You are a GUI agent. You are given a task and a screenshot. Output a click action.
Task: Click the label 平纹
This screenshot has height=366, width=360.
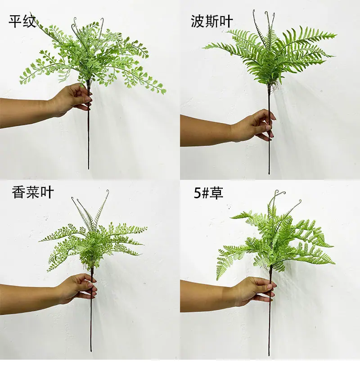pos(22,22)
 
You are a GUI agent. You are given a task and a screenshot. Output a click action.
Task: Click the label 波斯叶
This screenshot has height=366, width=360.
pos(212,21)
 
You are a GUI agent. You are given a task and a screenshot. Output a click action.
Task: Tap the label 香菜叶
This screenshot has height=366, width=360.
pos(33,192)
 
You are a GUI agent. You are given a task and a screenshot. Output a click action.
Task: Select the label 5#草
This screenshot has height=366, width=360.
pos(208,193)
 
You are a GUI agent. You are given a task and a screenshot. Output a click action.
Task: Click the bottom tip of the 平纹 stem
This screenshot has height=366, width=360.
pos(89,169)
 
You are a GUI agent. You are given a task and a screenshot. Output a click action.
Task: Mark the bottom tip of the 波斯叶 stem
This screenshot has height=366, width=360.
pos(269,174)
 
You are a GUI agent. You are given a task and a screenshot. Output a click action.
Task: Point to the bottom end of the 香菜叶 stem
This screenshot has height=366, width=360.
pos(91,352)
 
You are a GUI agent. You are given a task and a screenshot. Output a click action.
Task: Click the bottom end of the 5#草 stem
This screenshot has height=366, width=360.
pos(269,356)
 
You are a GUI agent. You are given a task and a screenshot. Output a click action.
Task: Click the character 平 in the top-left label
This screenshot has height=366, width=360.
pos(15,22)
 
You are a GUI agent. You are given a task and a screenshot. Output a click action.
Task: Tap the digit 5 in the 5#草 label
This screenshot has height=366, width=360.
pos(198,193)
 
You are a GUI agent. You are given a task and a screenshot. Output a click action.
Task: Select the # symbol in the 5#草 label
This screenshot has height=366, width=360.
pos(205,193)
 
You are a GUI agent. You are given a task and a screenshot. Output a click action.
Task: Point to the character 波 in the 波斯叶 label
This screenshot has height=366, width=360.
pos(198,21)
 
